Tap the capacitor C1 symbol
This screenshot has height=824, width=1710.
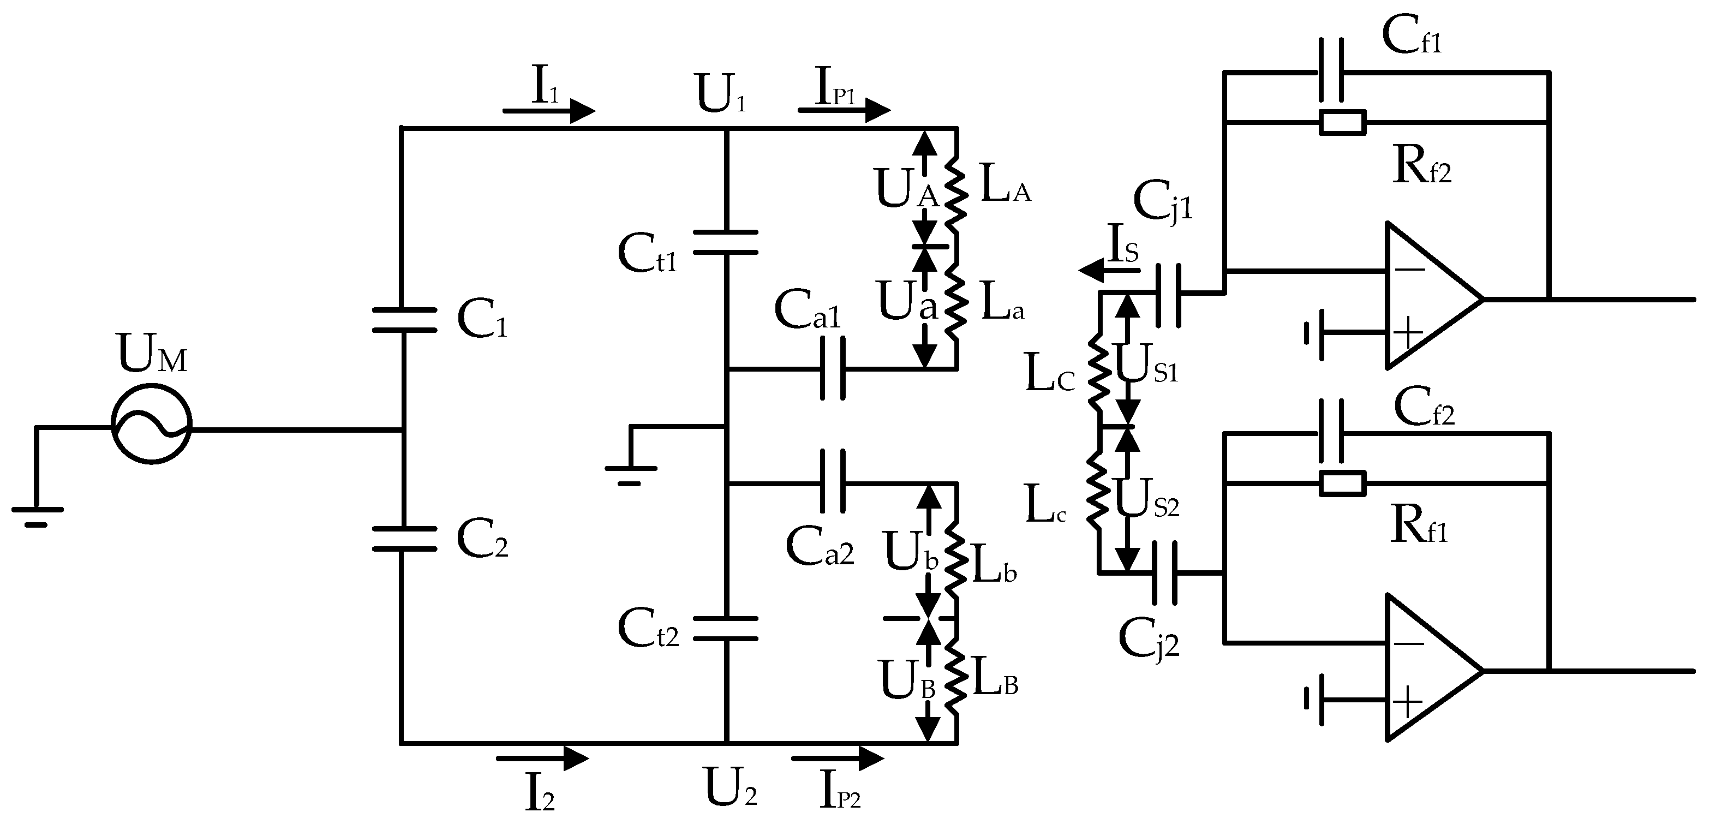pyautogui.click(x=404, y=320)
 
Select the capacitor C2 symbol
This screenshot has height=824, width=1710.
pyautogui.click(x=404, y=539)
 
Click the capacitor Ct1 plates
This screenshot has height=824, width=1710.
pyautogui.click(x=726, y=242)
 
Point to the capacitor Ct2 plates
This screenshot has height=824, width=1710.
pyautogui.click(x=726, y=628)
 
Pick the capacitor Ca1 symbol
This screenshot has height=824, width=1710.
pyautogui.click(x=833, y=368)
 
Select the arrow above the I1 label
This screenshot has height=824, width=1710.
pyautogui.click(x=549, y=111)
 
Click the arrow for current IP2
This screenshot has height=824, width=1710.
pyautogui.click(x=838, y=757)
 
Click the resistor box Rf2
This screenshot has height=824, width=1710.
pyautogui.click(x=1342, y=123)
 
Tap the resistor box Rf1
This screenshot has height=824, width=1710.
pyautogui.click(x=1342, y=483)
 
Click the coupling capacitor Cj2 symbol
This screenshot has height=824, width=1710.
pyautogui.click(x=1165, y=573)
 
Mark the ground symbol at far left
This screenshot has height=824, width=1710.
pyautogui.click(x=37, y=515)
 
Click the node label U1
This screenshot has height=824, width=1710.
pyautogui.click(x=721, y=94)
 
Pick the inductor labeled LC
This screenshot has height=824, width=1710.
pyautogui.click(x=1098, y=374)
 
